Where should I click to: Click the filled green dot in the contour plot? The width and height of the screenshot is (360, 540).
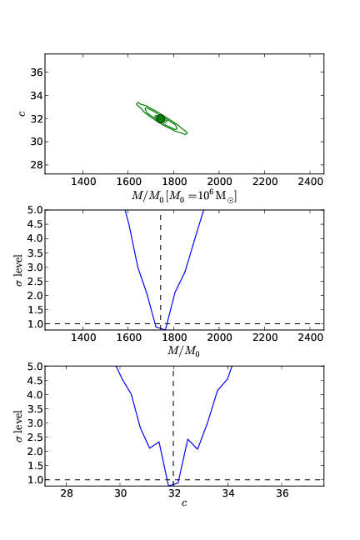click(161, 118)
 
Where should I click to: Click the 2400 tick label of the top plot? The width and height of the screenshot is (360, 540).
click(310, 181)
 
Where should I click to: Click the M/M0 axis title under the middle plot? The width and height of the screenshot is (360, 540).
click(184, 352)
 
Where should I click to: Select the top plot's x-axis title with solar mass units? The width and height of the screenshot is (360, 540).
click(184, 195)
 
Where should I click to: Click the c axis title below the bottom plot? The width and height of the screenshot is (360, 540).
click(184, 503)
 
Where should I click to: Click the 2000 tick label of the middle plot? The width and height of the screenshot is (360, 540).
click(219, 337)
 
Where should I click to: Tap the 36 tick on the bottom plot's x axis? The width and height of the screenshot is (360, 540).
click(282, 494)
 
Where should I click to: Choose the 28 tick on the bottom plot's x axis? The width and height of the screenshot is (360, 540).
click(67, 494)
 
